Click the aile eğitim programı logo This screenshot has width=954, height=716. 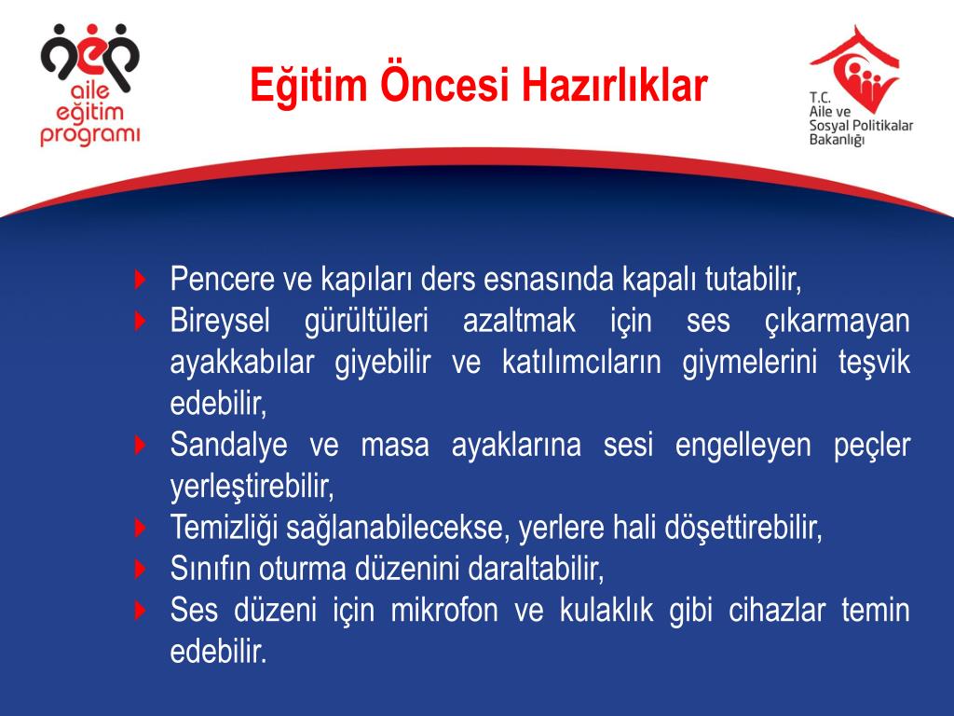pyautogui.click(x=89, y=87)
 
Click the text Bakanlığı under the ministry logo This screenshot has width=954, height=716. pyautogui.click(x=838, y=139)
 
